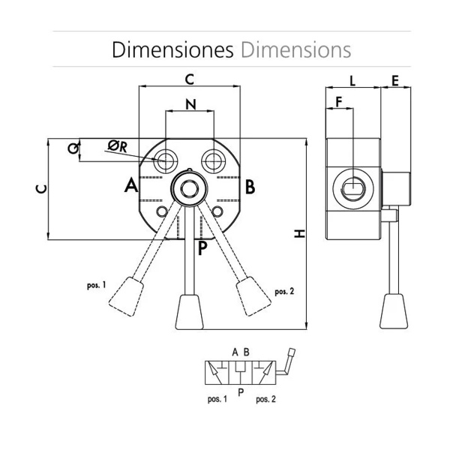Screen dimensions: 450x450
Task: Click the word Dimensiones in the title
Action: (x=172, y=49)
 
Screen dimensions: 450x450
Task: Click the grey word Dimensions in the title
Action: (x=295, y=49)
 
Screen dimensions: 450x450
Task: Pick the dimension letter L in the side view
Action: (x=352, y=79)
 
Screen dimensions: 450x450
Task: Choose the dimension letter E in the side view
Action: (x=395, y=79)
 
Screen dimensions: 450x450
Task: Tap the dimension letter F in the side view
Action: (x=339, y=100)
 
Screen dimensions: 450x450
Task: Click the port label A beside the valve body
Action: (x=130, y=185)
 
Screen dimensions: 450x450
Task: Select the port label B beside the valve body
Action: (x=250, y=185)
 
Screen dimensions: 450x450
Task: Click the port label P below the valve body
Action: (x=202, y=248)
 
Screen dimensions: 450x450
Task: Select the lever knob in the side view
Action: (x=394, y=311)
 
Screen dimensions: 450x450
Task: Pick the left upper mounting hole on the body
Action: (x=166, y=159)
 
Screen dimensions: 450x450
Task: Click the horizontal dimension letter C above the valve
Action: (x=190, y=78)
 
